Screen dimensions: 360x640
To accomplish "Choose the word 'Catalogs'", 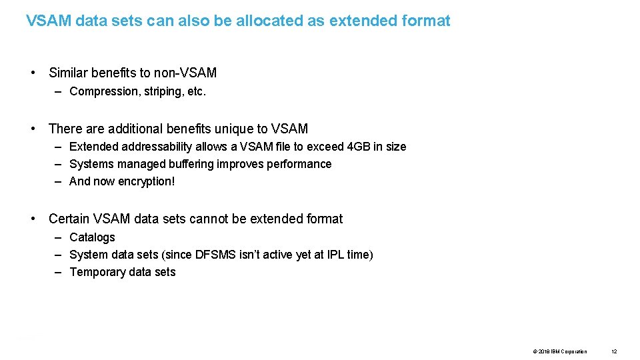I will pyautogui.click(x=92, y=237).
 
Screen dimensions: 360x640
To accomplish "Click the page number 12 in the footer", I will pyautogui.click(x=614, y=351).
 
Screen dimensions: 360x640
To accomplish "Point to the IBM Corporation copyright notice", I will pyautogui.click(x=560, y=351).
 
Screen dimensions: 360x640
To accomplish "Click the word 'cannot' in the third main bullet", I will pyautogui.click(x=235, y=219).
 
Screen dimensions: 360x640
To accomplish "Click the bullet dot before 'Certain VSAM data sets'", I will pyautogui.click(x=33, y=219).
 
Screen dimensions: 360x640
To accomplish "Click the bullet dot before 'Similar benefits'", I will pyautogui.click(x=33, y=73).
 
